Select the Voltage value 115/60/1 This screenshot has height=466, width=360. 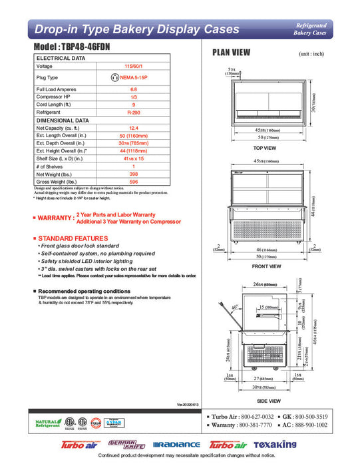point(134,67)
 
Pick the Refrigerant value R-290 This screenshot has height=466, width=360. point(134,113)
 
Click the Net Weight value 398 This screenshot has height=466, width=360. point(134,173)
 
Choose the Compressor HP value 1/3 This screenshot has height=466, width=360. point(134,97)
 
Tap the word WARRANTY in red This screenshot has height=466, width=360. point(55,218)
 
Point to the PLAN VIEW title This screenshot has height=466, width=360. point(231,52)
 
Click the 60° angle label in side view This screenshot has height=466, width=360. point(235,308)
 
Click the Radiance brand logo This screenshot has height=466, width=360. point(176,444)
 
